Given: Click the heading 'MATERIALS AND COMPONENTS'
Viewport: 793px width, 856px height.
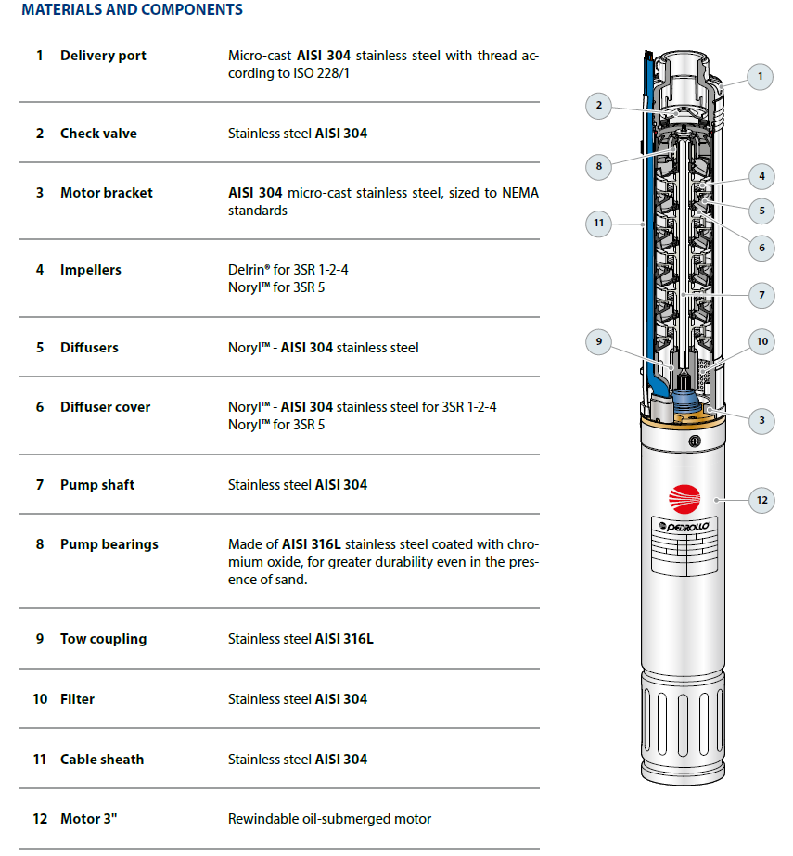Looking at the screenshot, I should (x=132, y=10).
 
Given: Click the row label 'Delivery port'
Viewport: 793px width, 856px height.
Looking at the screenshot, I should (x=103, y=56).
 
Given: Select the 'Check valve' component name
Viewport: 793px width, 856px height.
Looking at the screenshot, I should (x=98, y=134).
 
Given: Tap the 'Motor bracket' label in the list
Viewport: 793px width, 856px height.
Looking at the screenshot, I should (x=106, y=193).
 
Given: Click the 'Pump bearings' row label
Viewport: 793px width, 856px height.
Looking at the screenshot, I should (x=109, y=544).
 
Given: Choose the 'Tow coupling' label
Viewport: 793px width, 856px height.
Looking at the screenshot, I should (x=103, y=639).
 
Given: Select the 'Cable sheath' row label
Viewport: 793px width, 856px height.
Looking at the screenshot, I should (x=102, y=760).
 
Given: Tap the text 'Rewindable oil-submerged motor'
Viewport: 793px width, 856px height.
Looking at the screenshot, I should (x=329, y=819).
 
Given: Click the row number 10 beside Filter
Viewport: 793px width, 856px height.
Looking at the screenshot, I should (x=40, y=699).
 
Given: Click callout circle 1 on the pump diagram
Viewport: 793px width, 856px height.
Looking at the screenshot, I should (x=760, y=76).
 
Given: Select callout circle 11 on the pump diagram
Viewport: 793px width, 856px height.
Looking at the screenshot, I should (x=599, y=223).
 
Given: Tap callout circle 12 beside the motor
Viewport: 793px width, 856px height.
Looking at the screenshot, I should (x=761, y=501).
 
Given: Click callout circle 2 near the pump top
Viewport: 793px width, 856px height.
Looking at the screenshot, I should (x=599, y=106).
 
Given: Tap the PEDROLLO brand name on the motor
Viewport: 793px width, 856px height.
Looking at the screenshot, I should (x=685, y=526).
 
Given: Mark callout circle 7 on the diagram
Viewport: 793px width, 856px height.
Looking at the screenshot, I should (x=761, y=296).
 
